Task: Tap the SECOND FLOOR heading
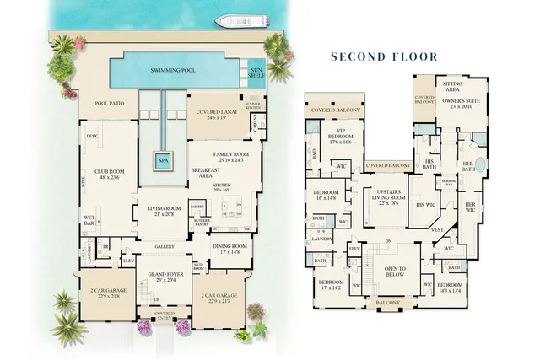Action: coord(384,57)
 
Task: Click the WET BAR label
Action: coord(89,220)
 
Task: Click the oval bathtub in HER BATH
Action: coord(480,164)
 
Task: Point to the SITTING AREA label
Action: coord(458,86)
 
